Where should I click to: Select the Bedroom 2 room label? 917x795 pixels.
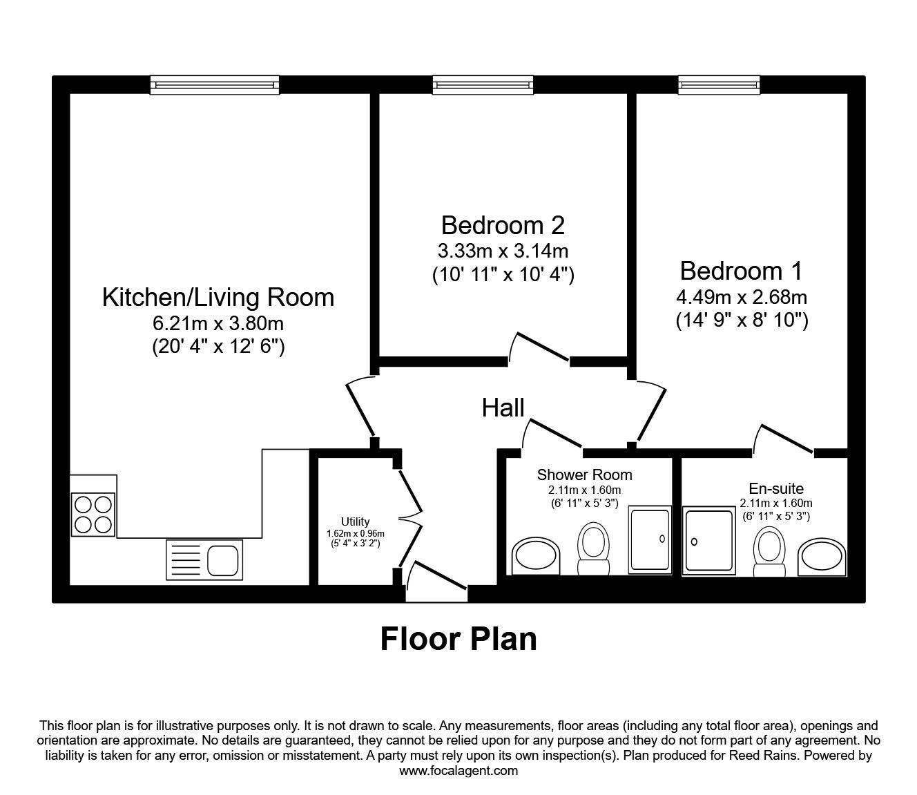(503, 225)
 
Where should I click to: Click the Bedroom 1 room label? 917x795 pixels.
(741, 270)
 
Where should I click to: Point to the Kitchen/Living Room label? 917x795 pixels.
(218, 297)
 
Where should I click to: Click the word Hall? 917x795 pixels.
(503, 408)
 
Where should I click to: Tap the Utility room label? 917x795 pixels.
(355, 521)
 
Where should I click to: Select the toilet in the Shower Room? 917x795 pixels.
(593, 548)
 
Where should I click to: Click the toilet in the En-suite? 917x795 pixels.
(769, 552)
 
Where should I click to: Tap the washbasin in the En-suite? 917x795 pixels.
(822, 556)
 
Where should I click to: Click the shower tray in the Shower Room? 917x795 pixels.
(649, 539)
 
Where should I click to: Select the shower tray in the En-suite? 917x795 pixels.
(708, 540)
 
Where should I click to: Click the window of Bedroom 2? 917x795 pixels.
(483, 85)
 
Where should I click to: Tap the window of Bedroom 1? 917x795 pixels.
(713, 85)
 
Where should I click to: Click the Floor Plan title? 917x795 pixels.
(458, 639)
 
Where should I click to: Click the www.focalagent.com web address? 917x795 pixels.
(458, 771)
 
